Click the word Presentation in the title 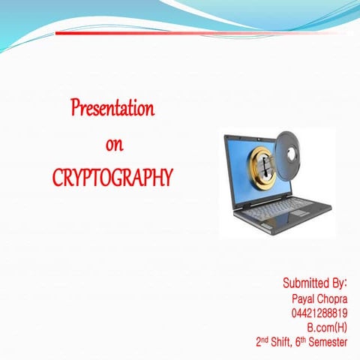(x=112, y=109)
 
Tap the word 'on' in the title (x=114, y=143)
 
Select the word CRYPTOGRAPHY (x=112, y=178)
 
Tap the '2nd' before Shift (x=262, y=341)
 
